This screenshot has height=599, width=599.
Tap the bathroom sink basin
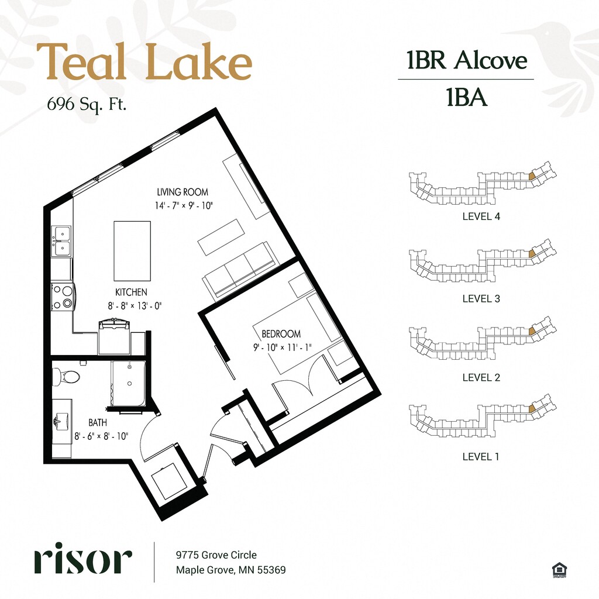[60, 421]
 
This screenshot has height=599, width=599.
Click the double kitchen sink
[61, 240]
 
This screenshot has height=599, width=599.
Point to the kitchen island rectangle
[132, 251]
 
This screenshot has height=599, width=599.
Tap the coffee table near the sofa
[221, 237]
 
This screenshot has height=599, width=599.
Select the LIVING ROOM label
[183, 192]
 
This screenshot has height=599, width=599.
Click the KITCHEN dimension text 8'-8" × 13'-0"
[135, 305]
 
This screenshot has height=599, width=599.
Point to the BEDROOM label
[281, 334]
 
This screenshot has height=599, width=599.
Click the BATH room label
[98, 422]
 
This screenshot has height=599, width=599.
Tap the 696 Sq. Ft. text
[87, 104]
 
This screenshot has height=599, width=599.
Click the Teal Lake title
[144, 61]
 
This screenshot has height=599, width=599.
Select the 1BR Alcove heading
[467, 60]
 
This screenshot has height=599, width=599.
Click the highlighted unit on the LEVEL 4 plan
[532, 176]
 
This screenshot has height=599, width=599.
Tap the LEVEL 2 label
[481, 377]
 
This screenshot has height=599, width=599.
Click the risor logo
[83, 557]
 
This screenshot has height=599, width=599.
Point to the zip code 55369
[271, 570]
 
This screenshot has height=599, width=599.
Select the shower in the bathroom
[129, 384]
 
